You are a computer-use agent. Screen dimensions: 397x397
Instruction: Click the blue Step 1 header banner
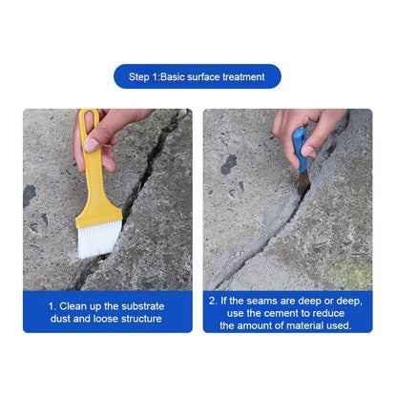click(x=198, y=76)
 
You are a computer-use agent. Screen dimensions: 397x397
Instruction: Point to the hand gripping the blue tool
click(x=305, y=126)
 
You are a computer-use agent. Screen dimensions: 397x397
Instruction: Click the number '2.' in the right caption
click(x=214, y=300)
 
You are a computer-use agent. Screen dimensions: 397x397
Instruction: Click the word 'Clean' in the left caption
click(x=75, y=306)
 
